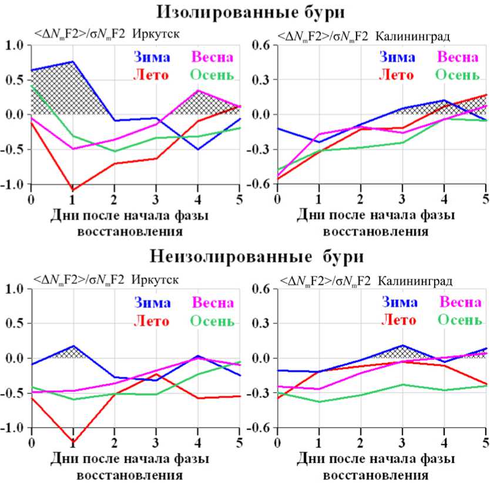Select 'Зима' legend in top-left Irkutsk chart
[152, 57]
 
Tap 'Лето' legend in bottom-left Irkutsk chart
[152, 321]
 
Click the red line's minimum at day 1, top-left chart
[73, 189]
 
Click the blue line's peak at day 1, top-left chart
[73, 61]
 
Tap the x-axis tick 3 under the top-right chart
[402, 199]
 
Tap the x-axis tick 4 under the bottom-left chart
[197, 442]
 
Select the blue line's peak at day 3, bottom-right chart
[402, 345]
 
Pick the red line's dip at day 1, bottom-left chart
[73, 441]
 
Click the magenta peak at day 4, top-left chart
[197, 91]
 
